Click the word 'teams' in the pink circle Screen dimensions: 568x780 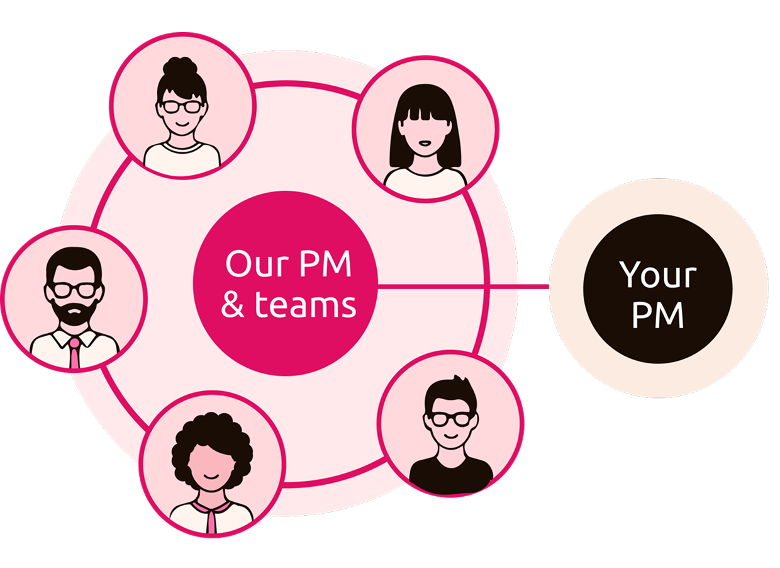click(306, 305)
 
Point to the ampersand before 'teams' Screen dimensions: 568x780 click(232, 305)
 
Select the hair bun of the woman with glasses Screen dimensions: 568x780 click(181, 67)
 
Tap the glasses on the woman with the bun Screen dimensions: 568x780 click(182, 106)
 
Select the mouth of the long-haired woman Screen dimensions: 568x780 click(426, 143)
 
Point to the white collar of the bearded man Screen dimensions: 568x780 click(60, 339)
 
